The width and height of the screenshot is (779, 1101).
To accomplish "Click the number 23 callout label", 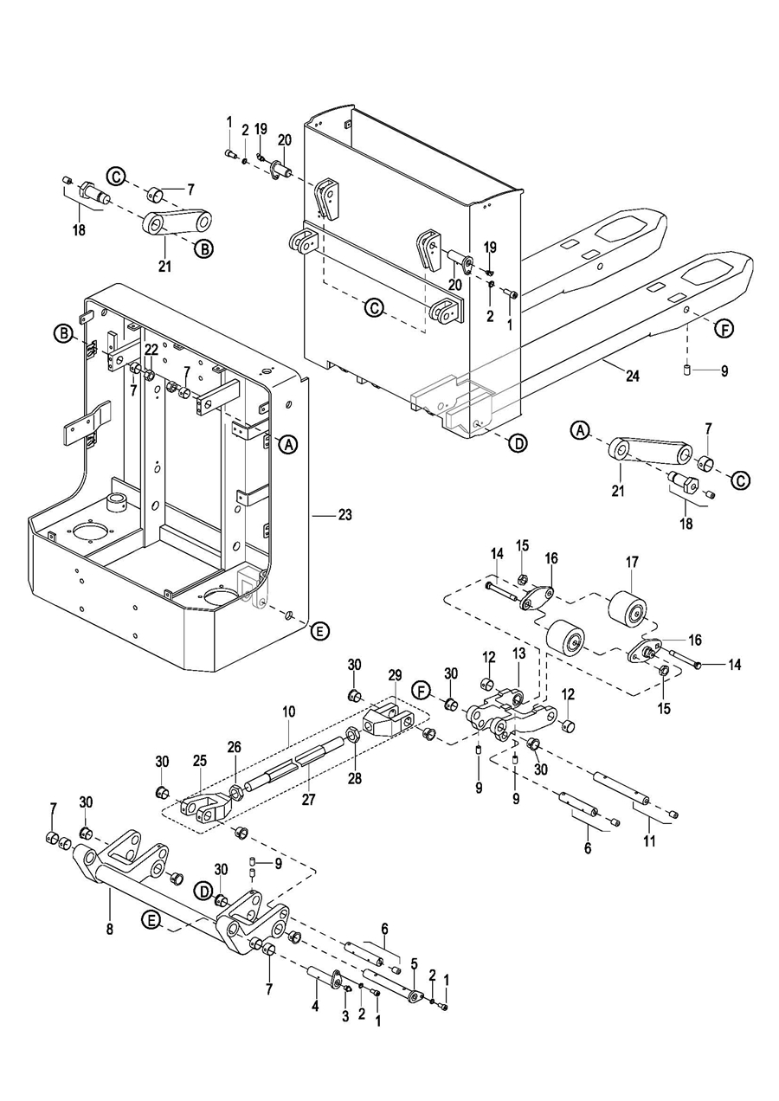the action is (345, 515).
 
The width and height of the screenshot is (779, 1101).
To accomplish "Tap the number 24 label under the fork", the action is (633, 376).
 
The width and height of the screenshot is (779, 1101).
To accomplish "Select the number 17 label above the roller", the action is (632, 563).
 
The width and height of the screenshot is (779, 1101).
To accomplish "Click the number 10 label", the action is (288, 711).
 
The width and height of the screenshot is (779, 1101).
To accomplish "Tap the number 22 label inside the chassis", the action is (151, 350).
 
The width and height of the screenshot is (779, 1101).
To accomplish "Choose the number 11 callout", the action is (650, 841).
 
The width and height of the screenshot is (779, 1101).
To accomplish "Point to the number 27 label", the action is (308, 800).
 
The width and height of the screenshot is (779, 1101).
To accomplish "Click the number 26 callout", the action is (234, 747).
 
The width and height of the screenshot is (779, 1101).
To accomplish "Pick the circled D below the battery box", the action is (518, 443).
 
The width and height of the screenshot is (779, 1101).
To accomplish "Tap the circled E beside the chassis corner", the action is (319, 631).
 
